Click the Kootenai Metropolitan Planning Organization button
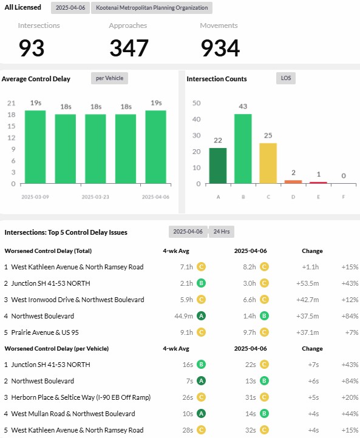[152, 8]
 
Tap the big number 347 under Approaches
[129, 48]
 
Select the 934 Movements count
[220, 48]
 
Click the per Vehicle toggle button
[109, 78]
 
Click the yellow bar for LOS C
[268, 163]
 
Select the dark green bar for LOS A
[218, 166]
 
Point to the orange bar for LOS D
[293, 182]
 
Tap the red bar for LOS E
[318, 183]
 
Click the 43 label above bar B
[243, 106]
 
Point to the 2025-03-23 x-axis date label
[95, 197]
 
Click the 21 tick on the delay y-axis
[11, 103]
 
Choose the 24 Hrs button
[222, 232]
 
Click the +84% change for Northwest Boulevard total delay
[350, 316]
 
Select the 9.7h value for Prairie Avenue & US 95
[250, 332]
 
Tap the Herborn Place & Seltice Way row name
[81, 397]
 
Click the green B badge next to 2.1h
[201, 283]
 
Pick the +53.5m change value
[307, 283]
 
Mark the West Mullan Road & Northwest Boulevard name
[73, 414]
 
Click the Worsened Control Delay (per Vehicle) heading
[56, 349]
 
